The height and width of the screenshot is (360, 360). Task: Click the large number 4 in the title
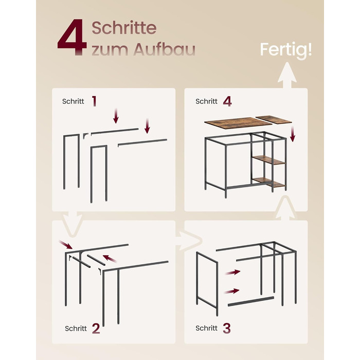pos(72,37)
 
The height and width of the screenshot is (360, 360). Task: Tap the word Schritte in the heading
pos(124,28)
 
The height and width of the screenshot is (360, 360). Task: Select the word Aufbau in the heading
pos(164,49)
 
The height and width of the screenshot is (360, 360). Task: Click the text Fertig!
pos(286,50)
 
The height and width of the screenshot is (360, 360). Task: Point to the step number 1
pos(94,101)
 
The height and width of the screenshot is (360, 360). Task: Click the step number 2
pos(96,328)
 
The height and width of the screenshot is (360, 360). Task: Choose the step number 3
pos(227,328)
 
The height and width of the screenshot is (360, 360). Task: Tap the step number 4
pos(227,101)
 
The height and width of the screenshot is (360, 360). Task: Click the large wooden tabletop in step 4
pos(238,123)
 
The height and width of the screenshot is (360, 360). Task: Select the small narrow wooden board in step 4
pos(274,119)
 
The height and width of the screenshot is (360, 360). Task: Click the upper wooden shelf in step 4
pos(268,159)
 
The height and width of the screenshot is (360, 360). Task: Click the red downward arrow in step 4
pos(293,134)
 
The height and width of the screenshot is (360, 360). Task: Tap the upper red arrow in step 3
pos(232,272)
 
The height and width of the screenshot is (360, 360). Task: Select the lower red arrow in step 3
pos(231,292)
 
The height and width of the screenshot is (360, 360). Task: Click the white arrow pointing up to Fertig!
pos(287,75)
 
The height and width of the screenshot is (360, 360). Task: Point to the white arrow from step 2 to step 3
pos(189,241)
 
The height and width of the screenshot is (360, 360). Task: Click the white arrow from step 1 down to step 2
pos(73,223)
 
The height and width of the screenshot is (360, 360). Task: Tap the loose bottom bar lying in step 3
pos(251,301)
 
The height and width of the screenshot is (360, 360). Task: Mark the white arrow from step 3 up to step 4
pos(285,208)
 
